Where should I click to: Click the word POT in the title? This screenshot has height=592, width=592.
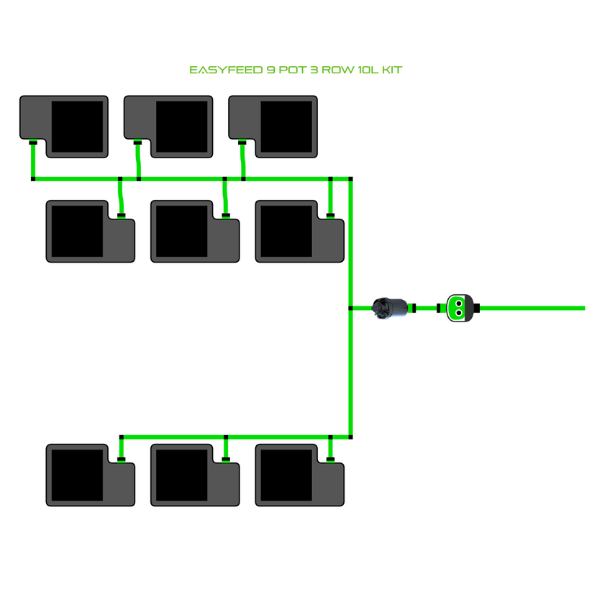[285, 70]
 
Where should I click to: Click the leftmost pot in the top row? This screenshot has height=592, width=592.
[64, 126]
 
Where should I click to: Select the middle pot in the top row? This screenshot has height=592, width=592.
[168, 126]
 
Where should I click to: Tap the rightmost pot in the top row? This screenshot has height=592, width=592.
[273, 126]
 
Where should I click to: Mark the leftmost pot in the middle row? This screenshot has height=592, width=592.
[90, 231]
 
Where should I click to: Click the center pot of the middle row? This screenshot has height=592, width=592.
[194, 231]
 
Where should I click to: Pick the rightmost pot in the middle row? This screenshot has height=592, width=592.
[299, 231]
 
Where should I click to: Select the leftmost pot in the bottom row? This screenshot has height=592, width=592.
[90, 475]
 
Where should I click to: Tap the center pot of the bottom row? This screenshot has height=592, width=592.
[194, 475]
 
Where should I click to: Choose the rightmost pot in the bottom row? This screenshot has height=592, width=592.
[299, 475]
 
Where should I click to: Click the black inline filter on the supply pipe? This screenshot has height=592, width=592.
[389, 308]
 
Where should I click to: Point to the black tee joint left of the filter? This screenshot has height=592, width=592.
[350, 308]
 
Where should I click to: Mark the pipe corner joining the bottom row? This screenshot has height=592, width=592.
[350, 436]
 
